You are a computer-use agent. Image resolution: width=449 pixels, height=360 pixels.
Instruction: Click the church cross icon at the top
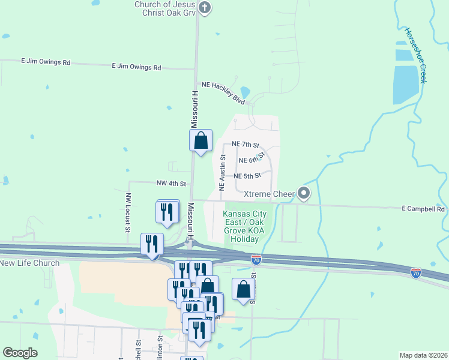tap(205, 8)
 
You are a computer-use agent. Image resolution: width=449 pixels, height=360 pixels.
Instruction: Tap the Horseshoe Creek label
tap(415, 55)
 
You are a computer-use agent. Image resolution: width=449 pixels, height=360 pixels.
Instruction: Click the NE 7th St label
tap(246, 145)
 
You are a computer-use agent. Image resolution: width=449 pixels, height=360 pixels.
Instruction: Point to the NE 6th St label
tap(252, 160)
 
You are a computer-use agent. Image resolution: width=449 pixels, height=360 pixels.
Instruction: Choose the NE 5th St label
tap(247, 176)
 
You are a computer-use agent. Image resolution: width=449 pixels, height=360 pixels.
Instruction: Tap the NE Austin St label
tap(222, 172)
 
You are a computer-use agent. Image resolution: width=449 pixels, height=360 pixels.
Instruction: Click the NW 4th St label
tap(171, 183)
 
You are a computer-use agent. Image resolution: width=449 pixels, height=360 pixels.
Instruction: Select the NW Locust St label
tap(128, 212)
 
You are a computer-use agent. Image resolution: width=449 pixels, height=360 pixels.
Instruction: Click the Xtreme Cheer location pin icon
tap(304, 194)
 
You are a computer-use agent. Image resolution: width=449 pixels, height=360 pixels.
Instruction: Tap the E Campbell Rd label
tap(423, 209)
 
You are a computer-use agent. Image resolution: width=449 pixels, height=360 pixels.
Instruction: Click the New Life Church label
tap(29, 263)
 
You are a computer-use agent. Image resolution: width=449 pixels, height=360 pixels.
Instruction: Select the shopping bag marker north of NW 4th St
tap(201, 141)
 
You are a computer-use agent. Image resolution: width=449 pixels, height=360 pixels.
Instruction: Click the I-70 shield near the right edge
tap(416, 273)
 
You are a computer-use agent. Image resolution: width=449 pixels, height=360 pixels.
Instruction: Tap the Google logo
tap(20, 353)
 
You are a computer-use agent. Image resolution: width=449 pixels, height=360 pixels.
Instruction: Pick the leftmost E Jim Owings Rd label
tap(46, 62)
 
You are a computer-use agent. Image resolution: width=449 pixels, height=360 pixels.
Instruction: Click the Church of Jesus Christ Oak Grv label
tap(164, 7)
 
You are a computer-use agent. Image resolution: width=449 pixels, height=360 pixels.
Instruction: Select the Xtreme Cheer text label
tap(270, 194)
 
